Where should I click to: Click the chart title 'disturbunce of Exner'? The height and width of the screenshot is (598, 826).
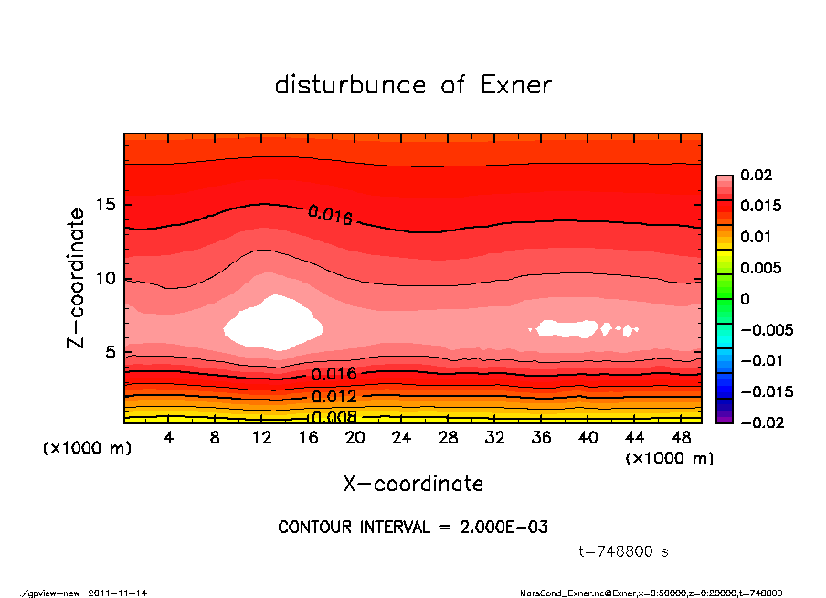[413, 85]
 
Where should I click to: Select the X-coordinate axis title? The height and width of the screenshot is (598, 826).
[413, 484]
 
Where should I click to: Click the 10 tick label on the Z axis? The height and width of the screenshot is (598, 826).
[107, 279]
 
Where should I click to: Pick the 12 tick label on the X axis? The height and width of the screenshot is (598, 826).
[262, 438]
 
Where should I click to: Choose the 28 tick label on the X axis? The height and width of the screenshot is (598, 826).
[449, 438]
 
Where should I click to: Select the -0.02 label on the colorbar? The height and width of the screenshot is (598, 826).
[759, 422]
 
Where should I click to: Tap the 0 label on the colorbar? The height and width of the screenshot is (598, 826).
[745, 299]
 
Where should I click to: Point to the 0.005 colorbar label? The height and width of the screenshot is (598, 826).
[760, 268]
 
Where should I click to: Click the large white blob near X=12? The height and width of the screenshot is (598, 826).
[272, 323]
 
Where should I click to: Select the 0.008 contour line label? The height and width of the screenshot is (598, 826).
[334, 418]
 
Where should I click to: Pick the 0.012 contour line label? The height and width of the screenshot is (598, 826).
[334, 397]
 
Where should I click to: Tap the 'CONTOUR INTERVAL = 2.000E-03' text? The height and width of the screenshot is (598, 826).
[413, 528]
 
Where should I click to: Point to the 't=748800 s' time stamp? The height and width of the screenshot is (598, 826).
[624, 551]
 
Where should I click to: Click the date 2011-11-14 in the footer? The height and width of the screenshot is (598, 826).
[118, 593]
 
